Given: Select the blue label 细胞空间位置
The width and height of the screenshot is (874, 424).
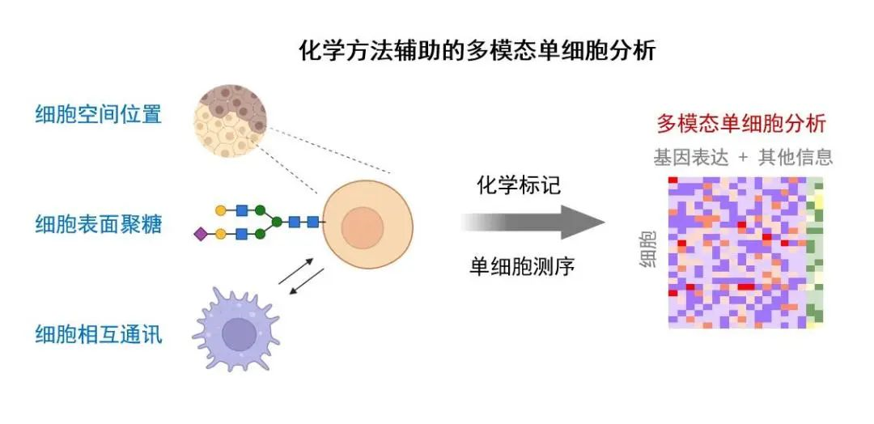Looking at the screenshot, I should coord(99,114).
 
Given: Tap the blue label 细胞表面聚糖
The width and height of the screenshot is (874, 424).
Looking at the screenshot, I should coord(99,223).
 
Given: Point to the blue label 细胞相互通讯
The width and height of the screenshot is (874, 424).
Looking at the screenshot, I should coord(99,333).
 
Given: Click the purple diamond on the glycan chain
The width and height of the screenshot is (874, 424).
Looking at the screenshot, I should coord(200,235).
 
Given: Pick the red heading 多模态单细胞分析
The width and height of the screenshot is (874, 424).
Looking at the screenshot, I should coord(740,124).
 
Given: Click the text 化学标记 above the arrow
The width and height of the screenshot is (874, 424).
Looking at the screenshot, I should coord(519,185).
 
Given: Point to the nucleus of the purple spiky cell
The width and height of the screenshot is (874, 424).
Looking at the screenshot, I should coord(239,333).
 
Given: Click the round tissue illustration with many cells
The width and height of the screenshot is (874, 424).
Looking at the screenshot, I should coord(231,123).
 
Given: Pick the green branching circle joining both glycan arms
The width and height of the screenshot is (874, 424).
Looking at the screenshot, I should coord(277,222).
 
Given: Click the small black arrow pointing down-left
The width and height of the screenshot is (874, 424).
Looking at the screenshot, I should coord(305,286).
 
